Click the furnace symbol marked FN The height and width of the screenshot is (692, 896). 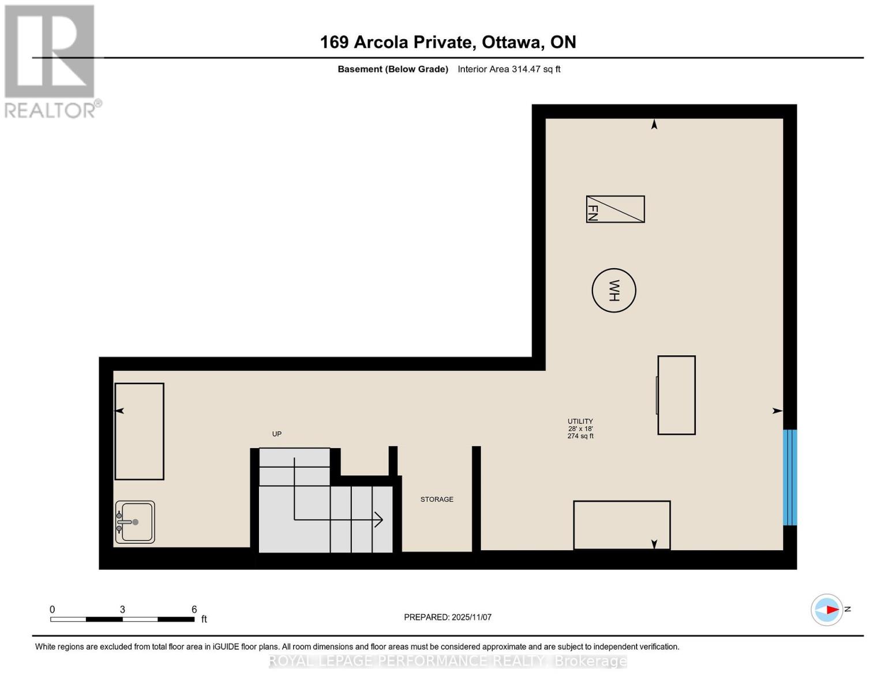(x=615, y=209)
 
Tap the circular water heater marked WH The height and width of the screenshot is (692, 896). (x=614, y=291)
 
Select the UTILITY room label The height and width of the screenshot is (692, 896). (x=580, y=422)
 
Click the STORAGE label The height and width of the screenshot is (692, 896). (x=437, y=499)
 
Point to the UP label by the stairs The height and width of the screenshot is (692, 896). (x=277, y=434)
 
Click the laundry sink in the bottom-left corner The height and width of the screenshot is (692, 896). (x=135, y=522)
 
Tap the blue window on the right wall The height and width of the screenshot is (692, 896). (x=790, y=477)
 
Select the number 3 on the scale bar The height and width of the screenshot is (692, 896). (x=122, y=610)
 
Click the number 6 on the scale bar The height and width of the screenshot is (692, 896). (x=194, y=610)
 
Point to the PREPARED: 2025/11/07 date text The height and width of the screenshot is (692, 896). (x=448, y=617)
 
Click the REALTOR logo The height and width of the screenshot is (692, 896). (x=51, y=61)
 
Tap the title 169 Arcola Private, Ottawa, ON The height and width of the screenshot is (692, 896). (x=448, y=42)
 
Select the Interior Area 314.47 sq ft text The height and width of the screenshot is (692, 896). (x=509, y=69)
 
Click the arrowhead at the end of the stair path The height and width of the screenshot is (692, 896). (x=379, y=520)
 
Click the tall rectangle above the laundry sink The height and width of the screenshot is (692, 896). (x=140, y=431)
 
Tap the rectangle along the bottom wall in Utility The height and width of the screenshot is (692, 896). (x=621, y=525)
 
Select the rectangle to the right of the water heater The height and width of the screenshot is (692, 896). (x=676, y=395)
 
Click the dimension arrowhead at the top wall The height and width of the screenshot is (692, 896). (x=654, y=124)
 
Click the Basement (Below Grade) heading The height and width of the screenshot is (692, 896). (x=393, y=69)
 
